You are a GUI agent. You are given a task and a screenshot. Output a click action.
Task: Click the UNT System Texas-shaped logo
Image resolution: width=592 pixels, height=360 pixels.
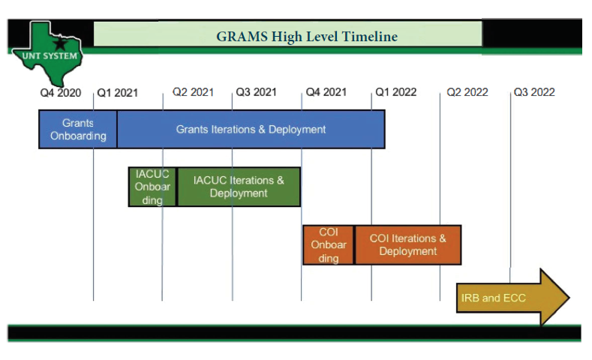click(47, 54)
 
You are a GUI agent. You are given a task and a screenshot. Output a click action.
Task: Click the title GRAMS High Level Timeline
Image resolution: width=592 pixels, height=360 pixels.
click(307, 36)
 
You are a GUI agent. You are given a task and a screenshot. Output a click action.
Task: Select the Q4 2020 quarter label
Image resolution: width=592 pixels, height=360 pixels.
click(61, 92)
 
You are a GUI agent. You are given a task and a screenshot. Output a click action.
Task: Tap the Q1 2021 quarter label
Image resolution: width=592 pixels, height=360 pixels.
click(117, 92)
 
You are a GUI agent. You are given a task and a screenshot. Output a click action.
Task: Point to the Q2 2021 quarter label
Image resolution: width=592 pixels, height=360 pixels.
click(193, 92)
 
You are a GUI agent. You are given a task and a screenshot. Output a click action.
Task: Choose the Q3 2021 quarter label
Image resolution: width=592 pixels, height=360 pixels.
click(256, 92)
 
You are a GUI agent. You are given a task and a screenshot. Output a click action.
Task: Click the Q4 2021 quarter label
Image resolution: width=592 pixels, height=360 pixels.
click(326, 92)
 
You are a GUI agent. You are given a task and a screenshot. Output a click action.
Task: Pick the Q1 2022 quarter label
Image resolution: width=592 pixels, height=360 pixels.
click(395, 92)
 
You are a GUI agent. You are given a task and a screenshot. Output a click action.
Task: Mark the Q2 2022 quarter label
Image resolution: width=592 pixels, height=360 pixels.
click(467, 92)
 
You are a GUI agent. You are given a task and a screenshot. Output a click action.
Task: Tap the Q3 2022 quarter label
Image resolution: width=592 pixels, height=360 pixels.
click(533, 92)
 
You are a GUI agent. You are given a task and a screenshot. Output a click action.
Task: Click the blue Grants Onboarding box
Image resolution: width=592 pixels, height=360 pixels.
click(78, 129)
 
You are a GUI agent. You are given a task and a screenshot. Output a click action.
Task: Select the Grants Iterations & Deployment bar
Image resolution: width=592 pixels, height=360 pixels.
click(251, 129)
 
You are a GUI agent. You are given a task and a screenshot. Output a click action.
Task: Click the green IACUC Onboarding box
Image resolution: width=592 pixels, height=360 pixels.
click(152, 187)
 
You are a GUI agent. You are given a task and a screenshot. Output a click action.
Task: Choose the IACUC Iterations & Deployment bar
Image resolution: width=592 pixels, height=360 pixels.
click(239, 187)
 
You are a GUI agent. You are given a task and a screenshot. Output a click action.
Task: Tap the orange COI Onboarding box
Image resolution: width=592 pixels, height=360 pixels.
click(329, 245)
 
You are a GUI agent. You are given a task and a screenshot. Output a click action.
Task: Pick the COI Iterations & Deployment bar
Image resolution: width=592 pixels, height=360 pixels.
click(407, 245)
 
